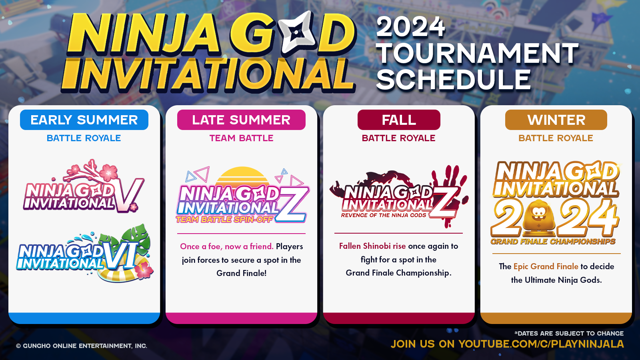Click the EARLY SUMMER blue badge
click(x=84, y=120)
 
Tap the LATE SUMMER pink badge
click(x=241, y=120)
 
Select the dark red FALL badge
click(x=399, y=120)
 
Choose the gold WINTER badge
click(x=556, y=120)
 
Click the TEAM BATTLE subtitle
click(x=242, y=138)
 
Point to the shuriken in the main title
click(x=295, y=32)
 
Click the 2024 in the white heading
click(x=410, y=27)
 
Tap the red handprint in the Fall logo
click(x=450, y=194)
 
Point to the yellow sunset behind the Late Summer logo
click(x=242, y=176)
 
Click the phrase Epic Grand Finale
click(x=546, y=266)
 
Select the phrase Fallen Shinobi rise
click(x=372, y=246)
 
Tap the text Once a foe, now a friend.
click(x=226, y=246)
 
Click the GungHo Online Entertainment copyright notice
click(x=82, y=346)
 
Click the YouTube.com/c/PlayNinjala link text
click(x=541, y=344)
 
